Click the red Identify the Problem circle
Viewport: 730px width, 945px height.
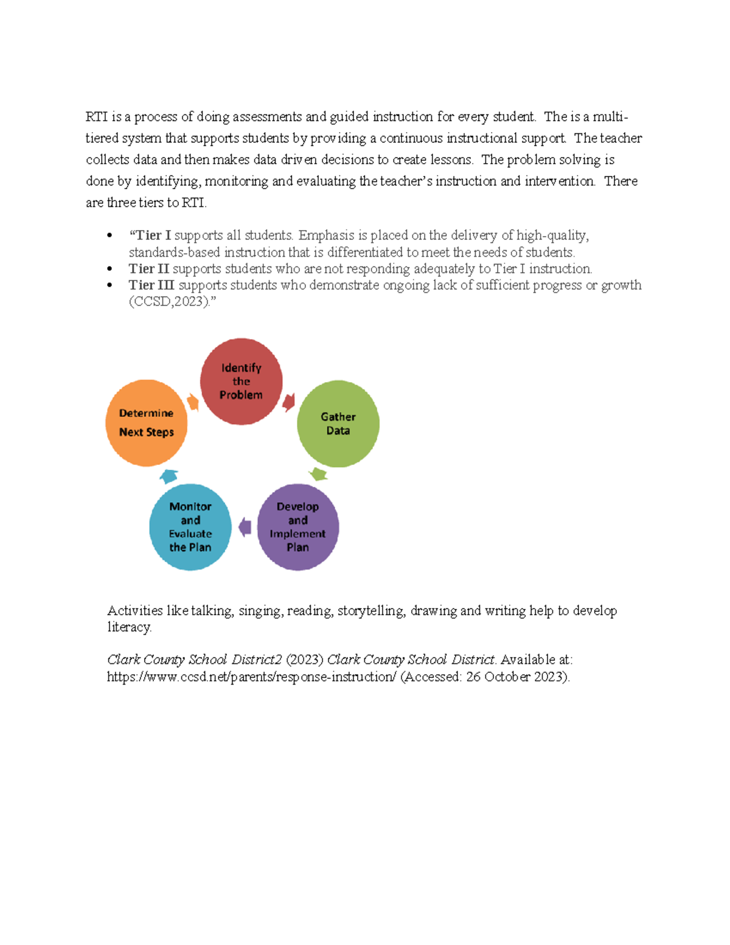242,382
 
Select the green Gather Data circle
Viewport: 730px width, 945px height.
338,424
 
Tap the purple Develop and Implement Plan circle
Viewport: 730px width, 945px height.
297,527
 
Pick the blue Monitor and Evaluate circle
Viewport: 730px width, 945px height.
190,527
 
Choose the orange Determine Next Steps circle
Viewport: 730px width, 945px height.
146,423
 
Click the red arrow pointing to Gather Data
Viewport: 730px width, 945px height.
289,402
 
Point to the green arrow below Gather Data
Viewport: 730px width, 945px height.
318,474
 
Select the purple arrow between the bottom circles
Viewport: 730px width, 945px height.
245,527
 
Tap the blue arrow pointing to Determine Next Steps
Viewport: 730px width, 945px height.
169,476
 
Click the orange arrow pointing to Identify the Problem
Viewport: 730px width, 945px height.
193,402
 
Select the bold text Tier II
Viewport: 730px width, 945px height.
148,269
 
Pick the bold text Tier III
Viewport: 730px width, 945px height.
151,285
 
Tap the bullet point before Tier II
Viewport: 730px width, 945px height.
109,269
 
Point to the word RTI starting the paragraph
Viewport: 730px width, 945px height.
96,117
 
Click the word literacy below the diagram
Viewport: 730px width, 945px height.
129,627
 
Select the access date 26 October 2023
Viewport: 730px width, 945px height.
516,677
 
